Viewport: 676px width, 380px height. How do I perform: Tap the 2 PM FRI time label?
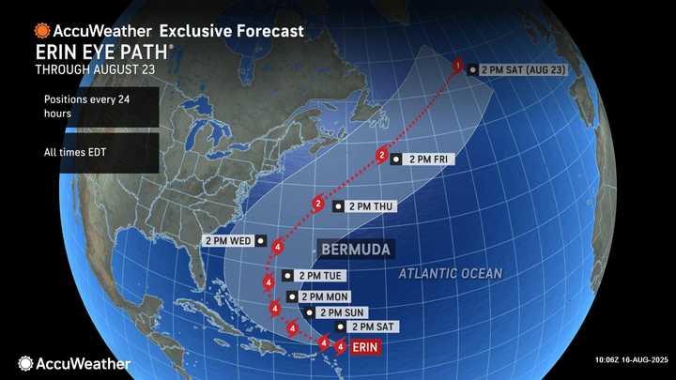click(x=428, y=160)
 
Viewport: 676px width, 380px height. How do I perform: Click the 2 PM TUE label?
click(x=315, y=276)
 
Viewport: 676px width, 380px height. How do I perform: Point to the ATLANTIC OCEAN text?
click(x=450, y=273)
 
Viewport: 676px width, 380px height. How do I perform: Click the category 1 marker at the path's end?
click(x=457, y=66)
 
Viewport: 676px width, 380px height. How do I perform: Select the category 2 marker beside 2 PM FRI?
click(x=382, y=155)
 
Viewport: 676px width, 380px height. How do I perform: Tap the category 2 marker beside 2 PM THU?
click(x=318, y=204)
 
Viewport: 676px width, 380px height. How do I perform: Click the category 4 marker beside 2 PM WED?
click(x=278, y=247)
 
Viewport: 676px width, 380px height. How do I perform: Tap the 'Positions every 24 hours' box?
click(x=79, y=106)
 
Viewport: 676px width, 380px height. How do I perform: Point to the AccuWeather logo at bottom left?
click(x=73, y=362)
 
